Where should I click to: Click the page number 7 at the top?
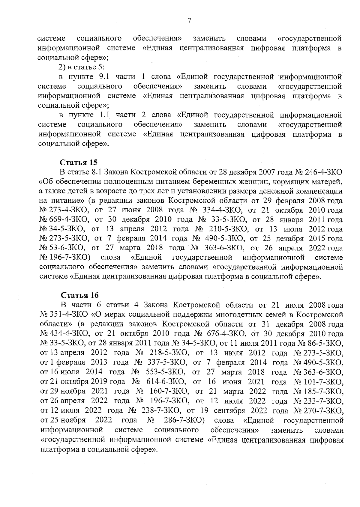point(189,20)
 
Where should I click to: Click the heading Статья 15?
point(79,163)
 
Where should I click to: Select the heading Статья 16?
point(80,295)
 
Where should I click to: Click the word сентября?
point(231,410)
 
